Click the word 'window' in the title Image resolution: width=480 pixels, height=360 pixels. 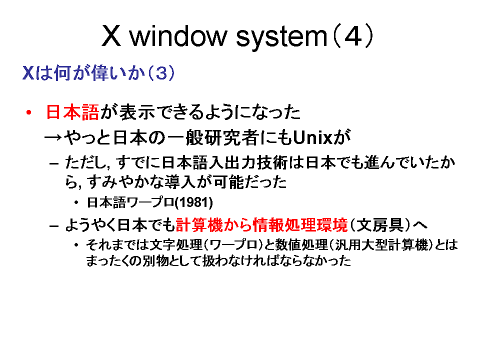click(x=178, y=36)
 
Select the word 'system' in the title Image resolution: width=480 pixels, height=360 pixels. click(x=282, y=37)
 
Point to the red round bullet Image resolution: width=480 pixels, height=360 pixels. click(x=29, y=112)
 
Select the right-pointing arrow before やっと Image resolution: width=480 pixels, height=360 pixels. click(x=53, y=137)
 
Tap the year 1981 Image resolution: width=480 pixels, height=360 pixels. click(x=193, y=202)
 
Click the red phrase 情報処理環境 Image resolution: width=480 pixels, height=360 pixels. click(x=300, y=225)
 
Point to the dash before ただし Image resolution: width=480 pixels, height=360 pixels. click(x=54, y=164)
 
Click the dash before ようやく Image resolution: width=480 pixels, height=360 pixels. click(x=54, y=226)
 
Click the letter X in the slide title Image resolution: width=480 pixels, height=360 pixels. click(x=111, y=36)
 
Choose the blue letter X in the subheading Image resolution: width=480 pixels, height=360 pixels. click(x=28, y=73)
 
